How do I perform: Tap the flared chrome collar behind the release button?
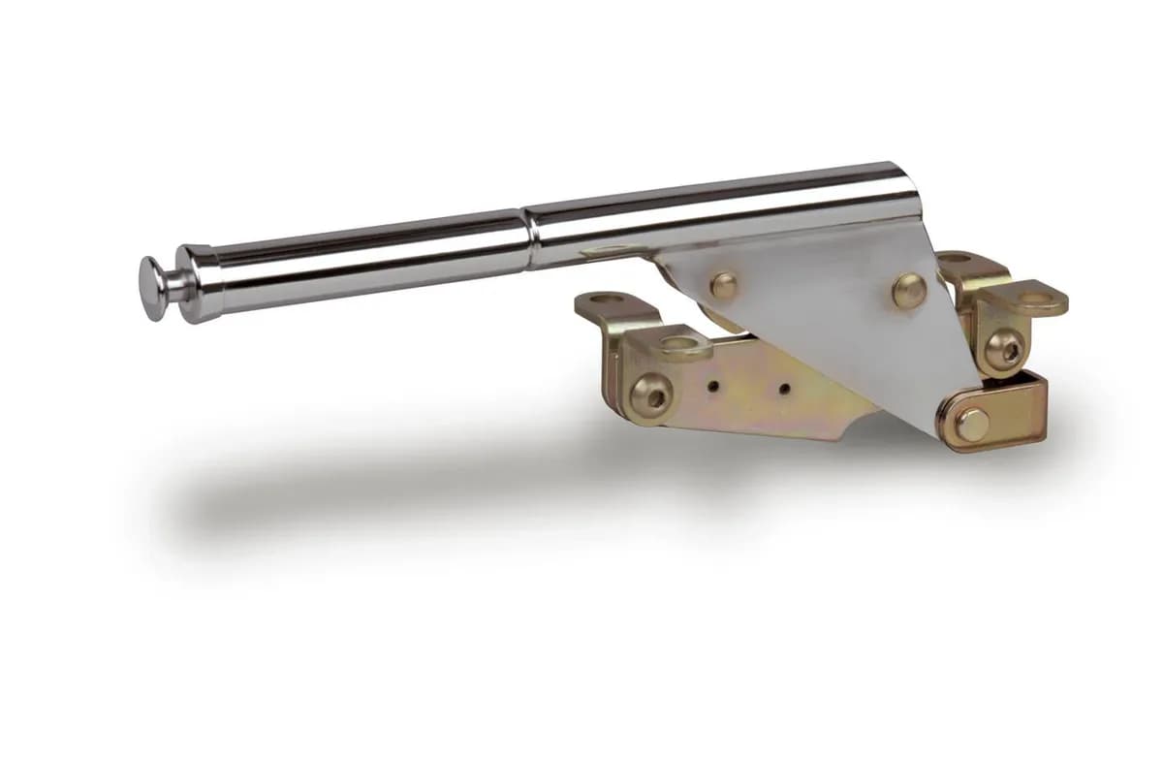[194, 283]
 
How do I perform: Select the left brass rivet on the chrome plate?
[723, 284]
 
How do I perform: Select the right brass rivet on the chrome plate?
[908, 289]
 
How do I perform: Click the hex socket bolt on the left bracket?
[648, 395]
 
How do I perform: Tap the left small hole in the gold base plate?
[713, 385]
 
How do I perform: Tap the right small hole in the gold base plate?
[783, 390]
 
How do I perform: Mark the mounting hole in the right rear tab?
[955, 259]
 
